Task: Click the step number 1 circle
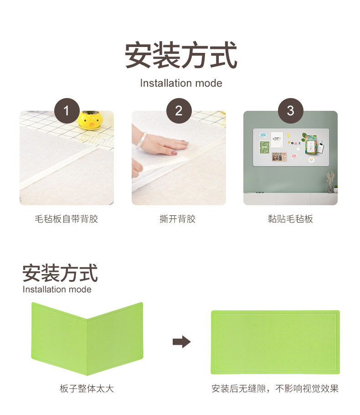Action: click(67, 111)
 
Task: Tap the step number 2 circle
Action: click(179, 111)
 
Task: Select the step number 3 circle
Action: click(290, 111)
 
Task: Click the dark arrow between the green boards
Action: click(182, 342)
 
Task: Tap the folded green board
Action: click(87, 338)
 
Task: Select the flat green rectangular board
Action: click(275, 342)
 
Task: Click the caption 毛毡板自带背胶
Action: click(67, 219)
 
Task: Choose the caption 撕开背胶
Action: click(177, 219)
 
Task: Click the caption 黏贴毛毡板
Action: click(290, 219)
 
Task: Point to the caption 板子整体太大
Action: click(87, 389)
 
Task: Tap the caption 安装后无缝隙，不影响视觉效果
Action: click(275, 389)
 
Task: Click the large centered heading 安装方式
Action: click(181, 55)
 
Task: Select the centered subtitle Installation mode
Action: click(181, 83)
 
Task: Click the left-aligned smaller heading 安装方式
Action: click(60, 273)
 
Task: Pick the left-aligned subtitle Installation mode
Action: click(57, 289)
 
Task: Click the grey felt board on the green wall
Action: click(291, 147)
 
